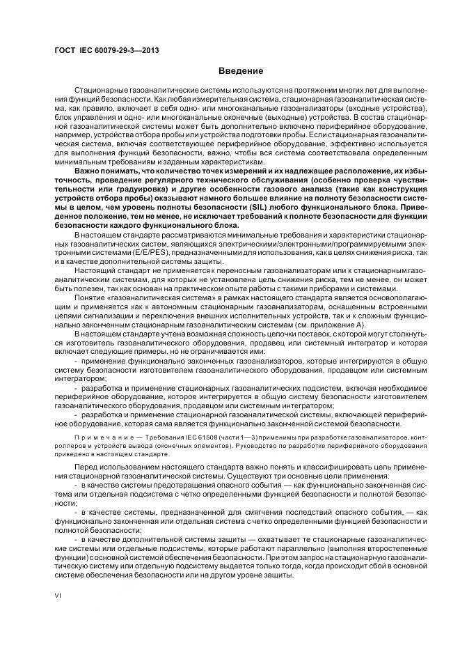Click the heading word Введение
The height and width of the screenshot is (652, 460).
click(241, 71)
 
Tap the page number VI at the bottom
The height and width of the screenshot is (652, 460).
click(58, 597)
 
